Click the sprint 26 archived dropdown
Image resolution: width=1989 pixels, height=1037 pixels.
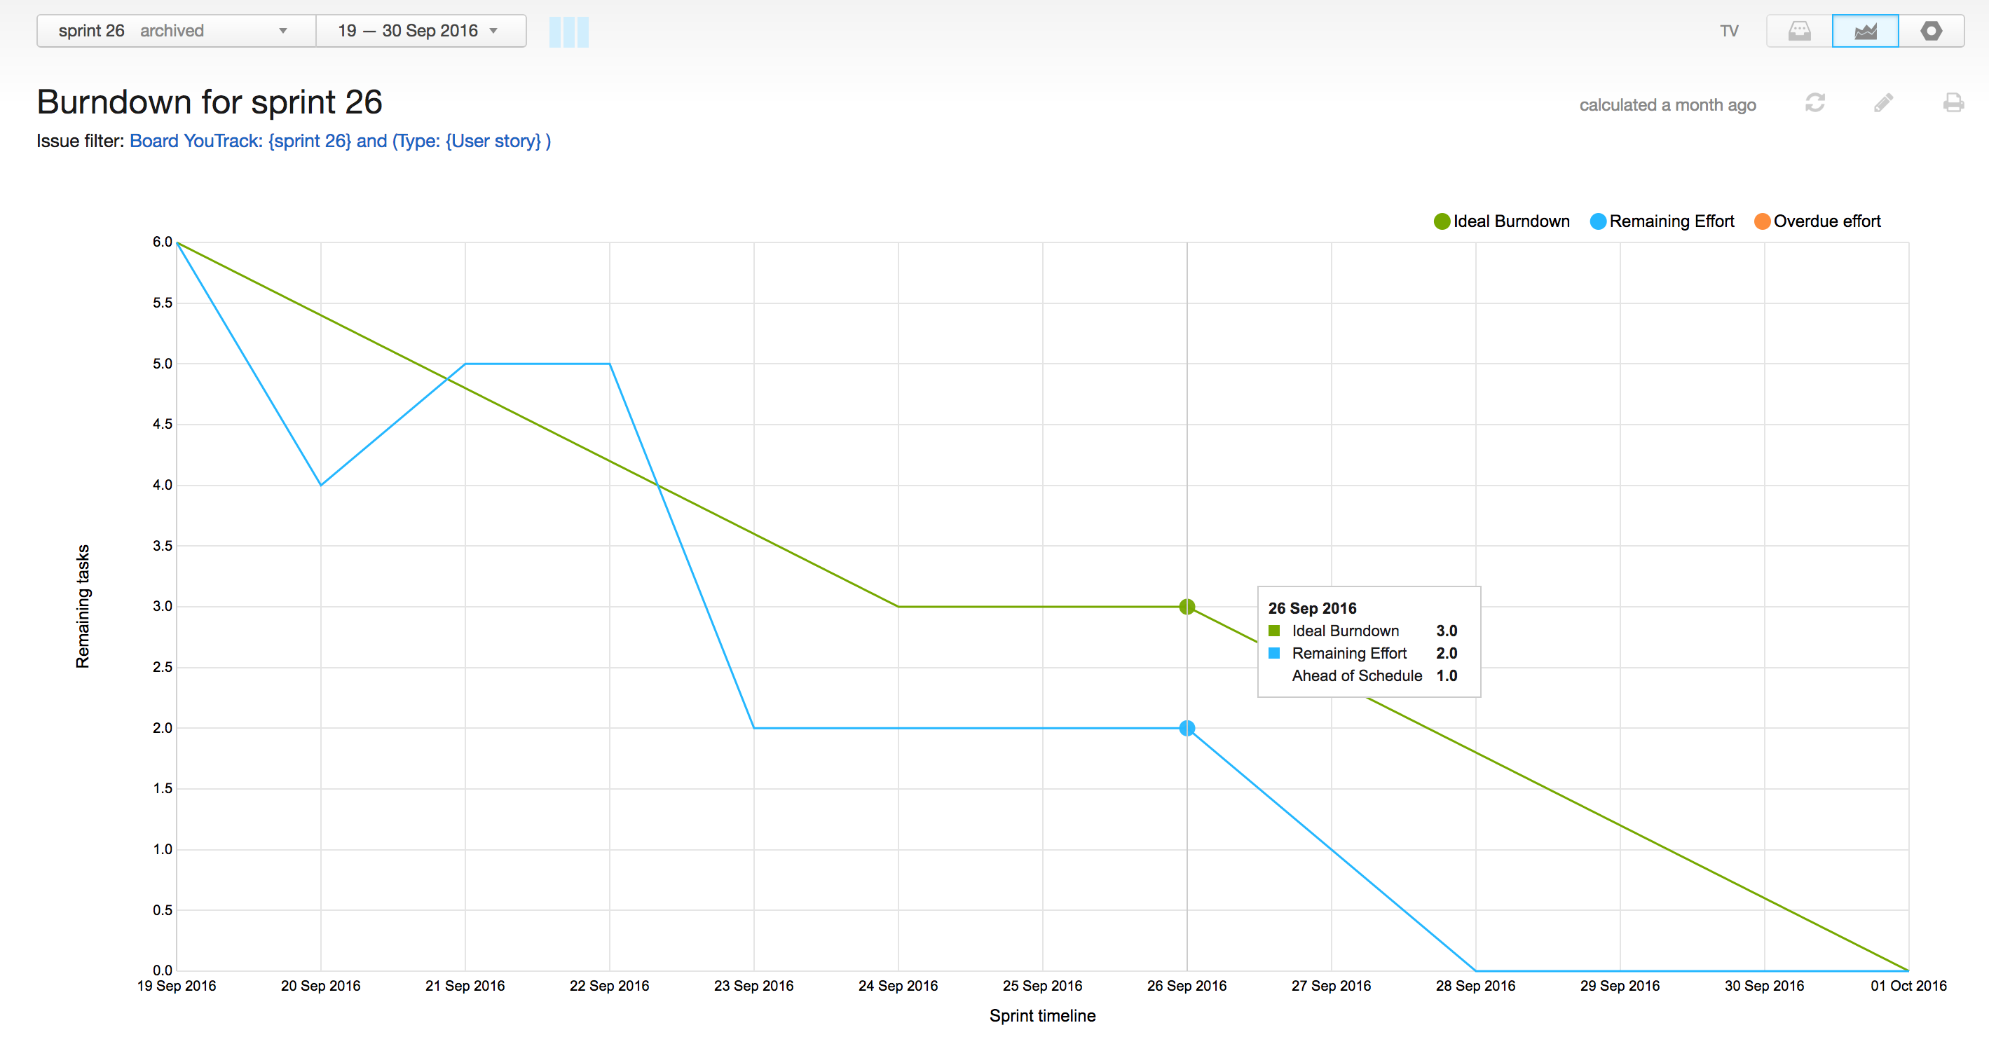(175, 31)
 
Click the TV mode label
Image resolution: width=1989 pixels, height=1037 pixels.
(1729, 31)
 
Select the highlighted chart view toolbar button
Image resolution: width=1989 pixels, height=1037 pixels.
(1865, 31)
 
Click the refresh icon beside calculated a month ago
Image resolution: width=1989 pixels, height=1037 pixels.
(1814, 103)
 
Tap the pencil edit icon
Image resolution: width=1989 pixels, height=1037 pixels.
(1883, 103)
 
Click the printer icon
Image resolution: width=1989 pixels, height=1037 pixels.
(1953, 103)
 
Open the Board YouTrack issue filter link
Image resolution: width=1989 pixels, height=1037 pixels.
(340, 142)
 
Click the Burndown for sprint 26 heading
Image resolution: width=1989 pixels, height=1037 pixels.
(210, 102)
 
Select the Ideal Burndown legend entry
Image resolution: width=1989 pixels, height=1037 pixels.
(1502, 221)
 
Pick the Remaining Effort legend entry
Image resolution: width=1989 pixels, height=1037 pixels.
(1662, 221)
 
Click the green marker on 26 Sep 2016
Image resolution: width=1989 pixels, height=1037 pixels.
(1187, 607)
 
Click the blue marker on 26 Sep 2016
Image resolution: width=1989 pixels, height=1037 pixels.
(1187, 728)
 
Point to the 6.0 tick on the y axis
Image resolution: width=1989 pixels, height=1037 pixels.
(162, 242)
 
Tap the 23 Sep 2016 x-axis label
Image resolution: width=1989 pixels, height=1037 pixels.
(753, 986)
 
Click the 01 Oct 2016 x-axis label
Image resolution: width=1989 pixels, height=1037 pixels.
(1908, 986)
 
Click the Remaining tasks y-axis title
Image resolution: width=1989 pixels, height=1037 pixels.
(83, 606)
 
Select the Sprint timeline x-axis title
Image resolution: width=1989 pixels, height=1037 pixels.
(1042, 1016)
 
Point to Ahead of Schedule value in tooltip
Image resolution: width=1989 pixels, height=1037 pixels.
(1446, 675)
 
